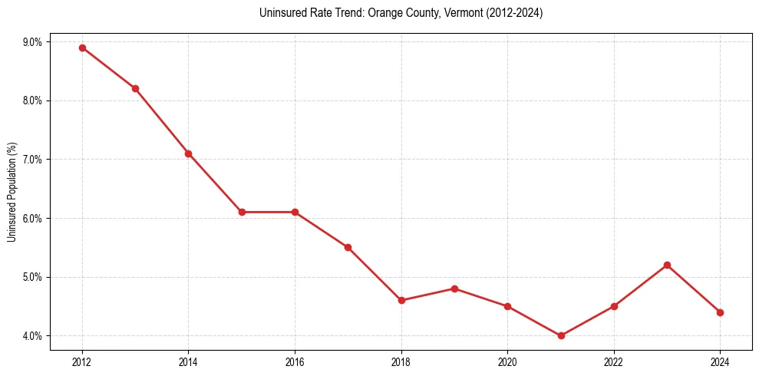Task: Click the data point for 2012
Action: [x=82, y=48]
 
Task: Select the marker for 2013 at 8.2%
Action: [x=135, y=88]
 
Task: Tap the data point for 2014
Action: [x=188, y=153]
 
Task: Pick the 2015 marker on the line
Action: [x=242, y=212]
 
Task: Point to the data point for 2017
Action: [x=348, y=247]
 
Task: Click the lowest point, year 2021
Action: [x=561, y=335]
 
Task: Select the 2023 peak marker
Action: [x=667, y=265]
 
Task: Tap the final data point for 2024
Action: [x=720, y=312]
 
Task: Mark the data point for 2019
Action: [x=454, y=289]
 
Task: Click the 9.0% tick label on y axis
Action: [x=32, y=41]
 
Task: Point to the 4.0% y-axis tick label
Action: [x=32, y=336]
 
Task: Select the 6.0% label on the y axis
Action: [x=32, y=218]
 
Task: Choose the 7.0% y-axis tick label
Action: [x=32, y=160]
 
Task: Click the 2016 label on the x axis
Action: [x=295, y=361]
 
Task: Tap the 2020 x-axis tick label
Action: [x=507, y=361]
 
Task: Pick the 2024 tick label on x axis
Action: [x=720, y=361]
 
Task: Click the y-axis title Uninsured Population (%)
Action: [x=12, y=192]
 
